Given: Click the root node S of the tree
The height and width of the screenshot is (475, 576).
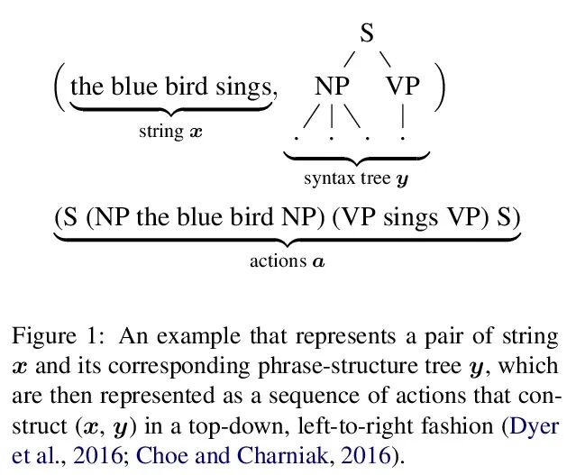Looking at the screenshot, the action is coord(366,34).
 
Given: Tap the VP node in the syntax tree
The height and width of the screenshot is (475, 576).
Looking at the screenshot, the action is coord(403,87).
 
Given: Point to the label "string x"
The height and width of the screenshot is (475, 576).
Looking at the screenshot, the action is coord(170,132).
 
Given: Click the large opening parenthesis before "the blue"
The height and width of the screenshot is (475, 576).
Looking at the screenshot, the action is coord(59,88).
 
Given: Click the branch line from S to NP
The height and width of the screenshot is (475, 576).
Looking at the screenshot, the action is coord(350,59).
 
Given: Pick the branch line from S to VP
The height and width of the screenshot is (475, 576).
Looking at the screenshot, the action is coord(385,59).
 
